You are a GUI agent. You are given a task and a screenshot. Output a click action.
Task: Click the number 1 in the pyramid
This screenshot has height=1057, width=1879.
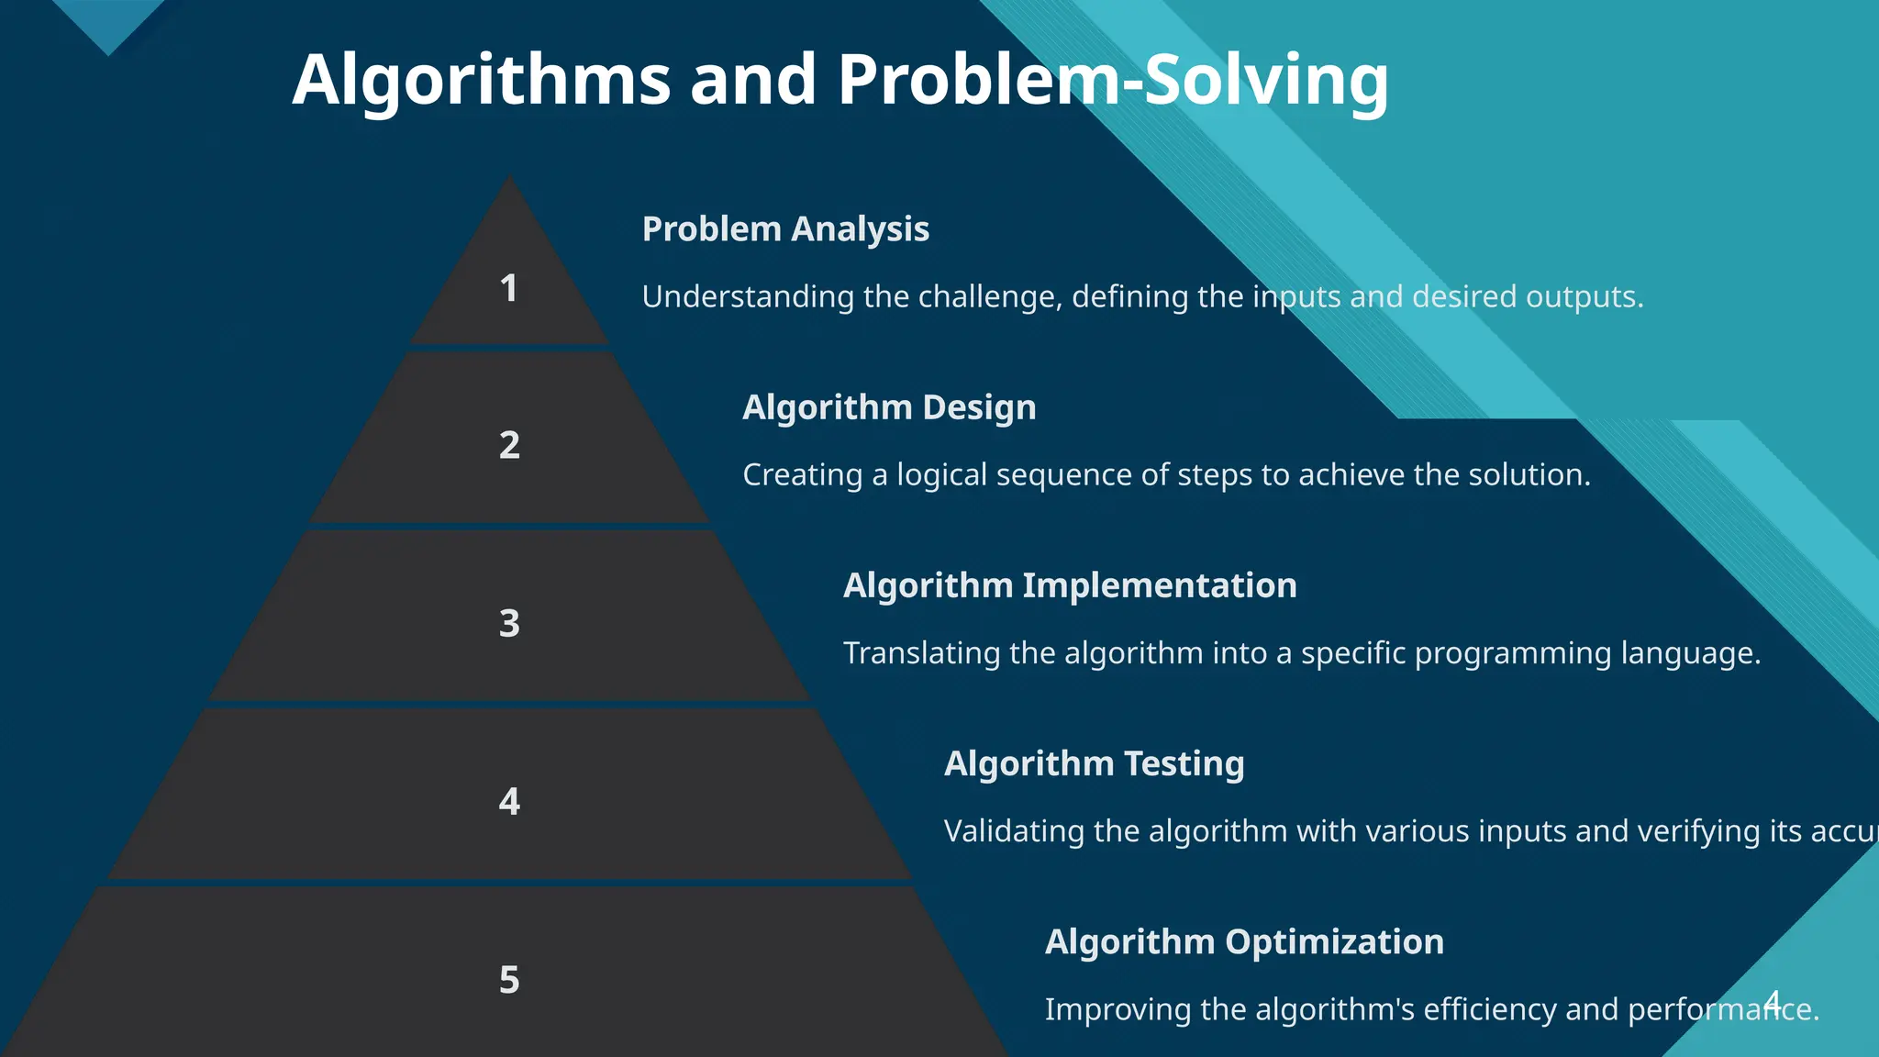pos(508,289)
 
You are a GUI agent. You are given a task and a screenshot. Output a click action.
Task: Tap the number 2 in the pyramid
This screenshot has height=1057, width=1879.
pos(509,445)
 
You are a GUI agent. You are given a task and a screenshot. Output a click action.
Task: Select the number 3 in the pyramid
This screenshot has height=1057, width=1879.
pos(509,623)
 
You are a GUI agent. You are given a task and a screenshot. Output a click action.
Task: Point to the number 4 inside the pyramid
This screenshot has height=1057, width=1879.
pos(509,801)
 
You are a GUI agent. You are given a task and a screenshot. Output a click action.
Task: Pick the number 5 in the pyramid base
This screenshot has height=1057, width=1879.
pos(509,980)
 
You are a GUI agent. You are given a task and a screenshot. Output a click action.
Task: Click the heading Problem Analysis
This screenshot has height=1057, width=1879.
pos(785,229)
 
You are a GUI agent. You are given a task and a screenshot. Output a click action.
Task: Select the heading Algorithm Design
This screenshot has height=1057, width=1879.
pos(889,407)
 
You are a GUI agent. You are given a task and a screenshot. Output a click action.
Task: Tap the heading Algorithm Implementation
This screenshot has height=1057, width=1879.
pos(1070,585)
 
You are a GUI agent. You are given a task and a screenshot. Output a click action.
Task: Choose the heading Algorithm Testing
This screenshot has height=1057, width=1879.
pos(1094,763)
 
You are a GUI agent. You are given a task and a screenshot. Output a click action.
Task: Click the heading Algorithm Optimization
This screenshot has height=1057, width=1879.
pos(1244,941)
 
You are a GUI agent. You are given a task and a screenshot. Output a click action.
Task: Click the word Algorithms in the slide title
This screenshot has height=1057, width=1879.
pos(482,81)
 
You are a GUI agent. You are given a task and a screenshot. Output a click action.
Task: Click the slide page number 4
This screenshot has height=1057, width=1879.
pos(1773,1001)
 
